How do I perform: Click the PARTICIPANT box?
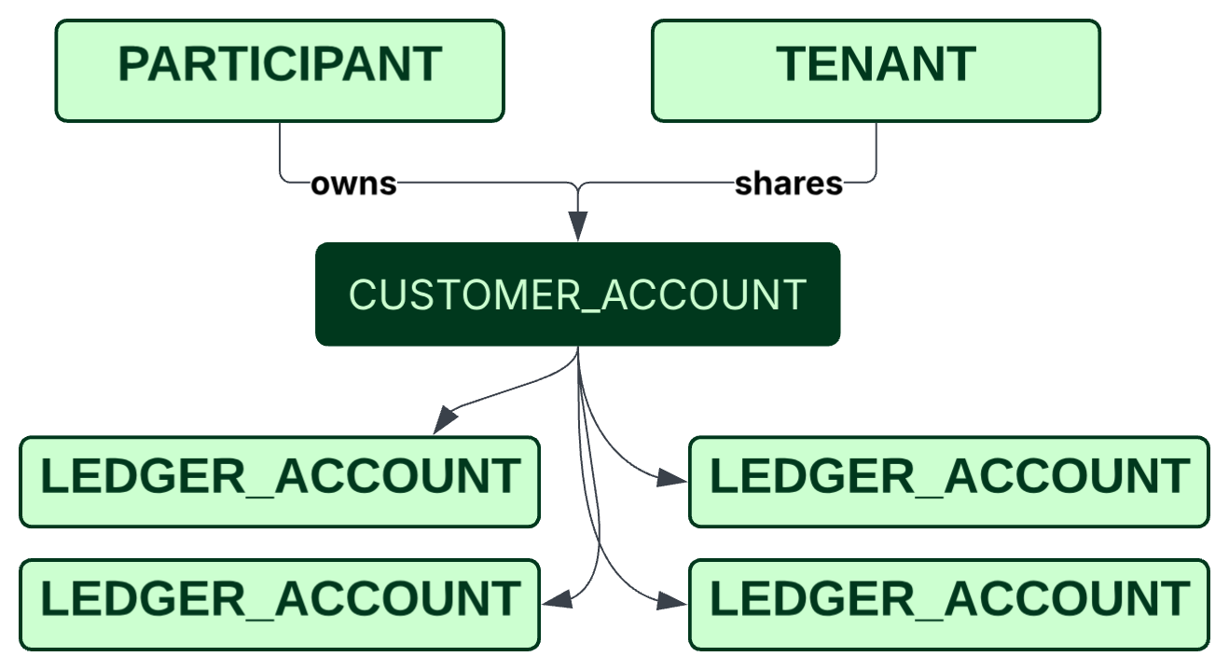pyautogui.click(x=280, y=71)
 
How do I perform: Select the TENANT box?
pyautogui.click(x=877, y=71)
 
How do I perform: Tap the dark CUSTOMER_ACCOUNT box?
pyautogui.click(x=578, y=294)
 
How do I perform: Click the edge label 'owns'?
pyautogui.click(x=353, y=184)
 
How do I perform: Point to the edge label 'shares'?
pyautogui.click(x=789, y=184)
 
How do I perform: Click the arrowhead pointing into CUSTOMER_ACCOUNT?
pyautogui.click(x=578, y=226)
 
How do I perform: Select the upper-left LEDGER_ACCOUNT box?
pyautogui.click(x=280, y=482)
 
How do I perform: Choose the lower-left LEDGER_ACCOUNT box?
pyautogui.click(x=280, y=605)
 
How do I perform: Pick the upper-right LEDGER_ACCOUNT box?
pyautogui.click(x=949, y=482)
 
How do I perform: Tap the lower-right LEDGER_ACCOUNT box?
pyautogui.click(x=949, y=605)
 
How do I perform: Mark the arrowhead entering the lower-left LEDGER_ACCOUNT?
pyautogui.click(x=557, y=599)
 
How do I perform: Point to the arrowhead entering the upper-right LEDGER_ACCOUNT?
pyautogui.click(x=671, y=478)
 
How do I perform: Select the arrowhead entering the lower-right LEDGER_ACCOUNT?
pyautogui.click(x=671, y=601)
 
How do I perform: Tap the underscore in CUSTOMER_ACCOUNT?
pyautogui.click(x=590, y=312)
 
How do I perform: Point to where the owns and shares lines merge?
pyautogui.click(x=578, y=186)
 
